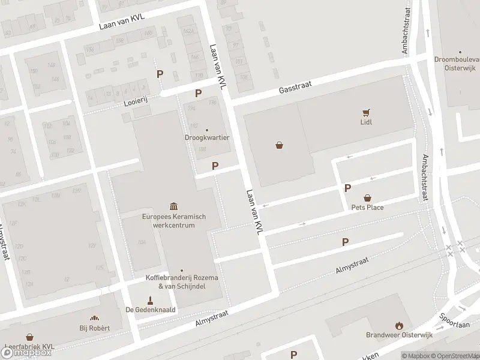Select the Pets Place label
pos(367,208)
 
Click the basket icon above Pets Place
pos(367,197)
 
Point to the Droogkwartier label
pos(207,137)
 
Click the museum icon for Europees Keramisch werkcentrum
pos(173,206)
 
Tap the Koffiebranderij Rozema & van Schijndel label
pos(182,283)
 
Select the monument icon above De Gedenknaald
pos(151,299)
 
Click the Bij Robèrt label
pos(94,328)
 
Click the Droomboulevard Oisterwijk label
pos(457,64)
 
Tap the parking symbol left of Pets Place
pos(347,188)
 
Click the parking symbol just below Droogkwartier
pos(215,166)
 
